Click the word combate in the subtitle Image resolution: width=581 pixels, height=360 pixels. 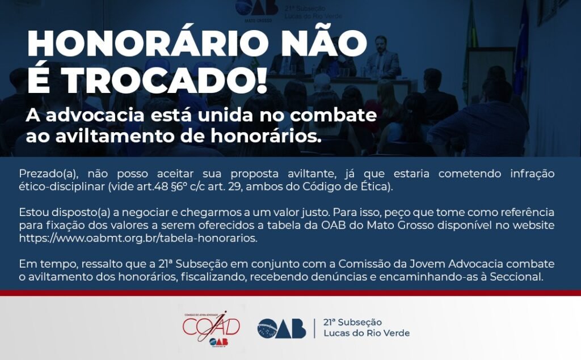(x=333, y=115)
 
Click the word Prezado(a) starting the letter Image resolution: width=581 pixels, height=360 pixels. (x=47, y=174)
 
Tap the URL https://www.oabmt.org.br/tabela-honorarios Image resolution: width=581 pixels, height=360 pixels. (x=138, y=238)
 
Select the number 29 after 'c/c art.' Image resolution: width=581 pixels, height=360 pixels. (x=235, y=187)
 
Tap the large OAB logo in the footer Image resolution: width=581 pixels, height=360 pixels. (x=281, y=328)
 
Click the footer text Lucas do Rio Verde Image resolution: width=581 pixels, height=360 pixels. (x=367, y=333)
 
